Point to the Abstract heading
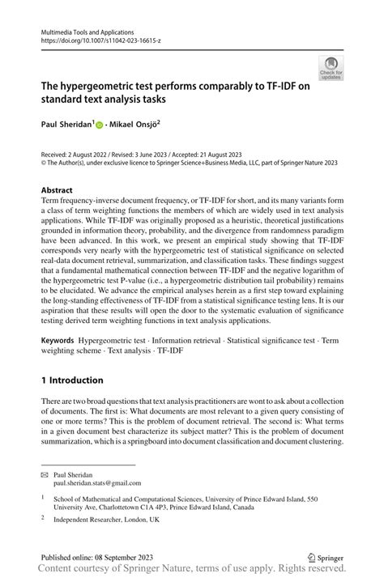61,191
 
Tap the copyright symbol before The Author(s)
44,163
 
